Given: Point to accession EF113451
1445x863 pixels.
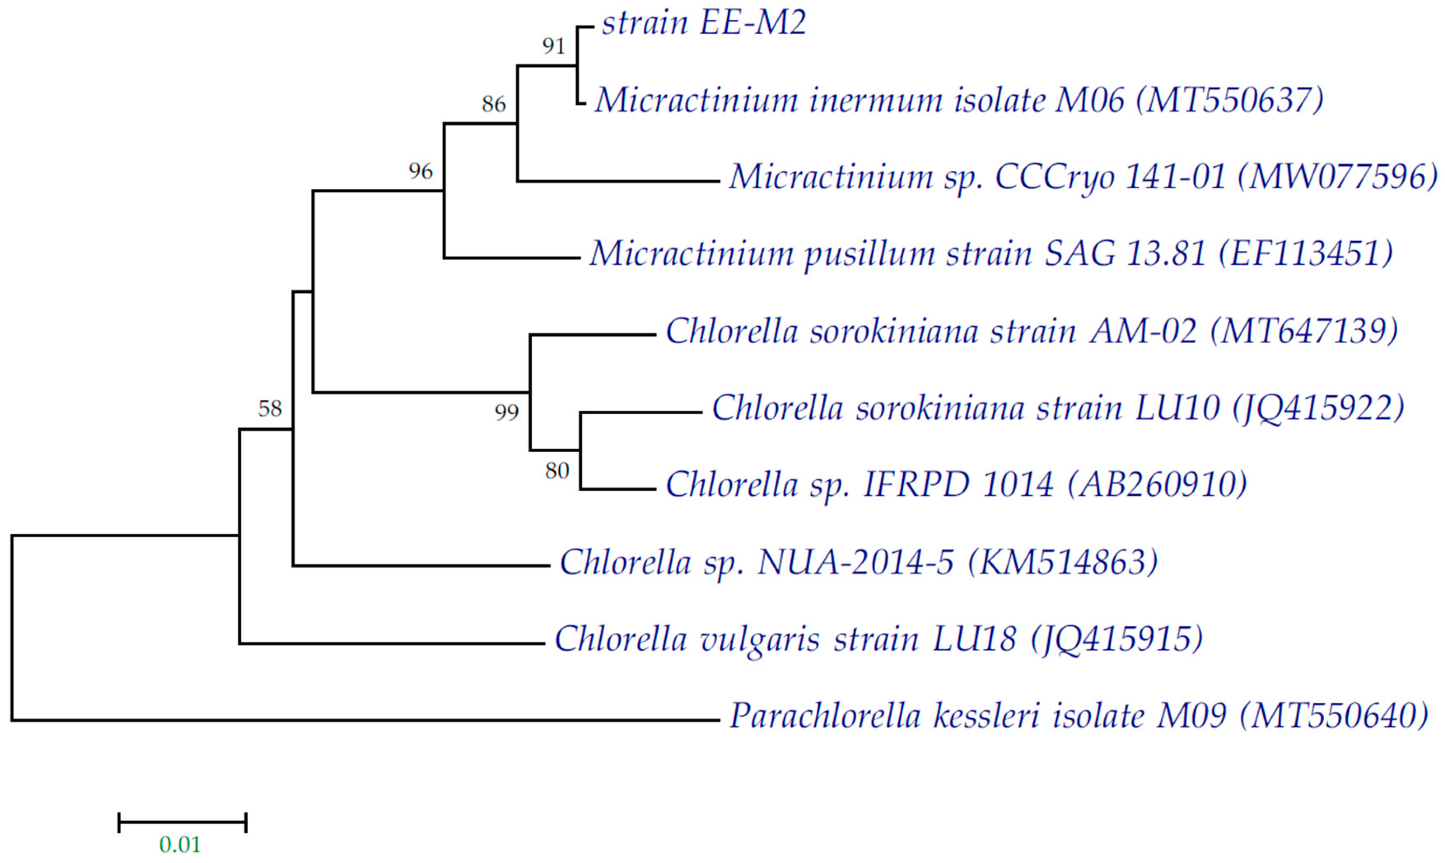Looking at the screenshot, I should (x=1305, y=254).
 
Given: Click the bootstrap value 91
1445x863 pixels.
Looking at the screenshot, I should (x=553, y=46).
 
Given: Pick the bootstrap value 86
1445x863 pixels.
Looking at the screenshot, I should (x=494, y=105).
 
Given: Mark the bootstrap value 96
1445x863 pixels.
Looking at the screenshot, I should (x=420, y=172).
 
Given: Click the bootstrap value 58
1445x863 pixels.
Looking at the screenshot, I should (x=270, y=409).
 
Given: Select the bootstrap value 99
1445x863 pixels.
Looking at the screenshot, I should (x=506, y=412).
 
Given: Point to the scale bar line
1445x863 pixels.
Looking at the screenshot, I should (x=182, y=822).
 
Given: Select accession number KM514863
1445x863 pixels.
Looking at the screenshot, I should (x=1063, y=562).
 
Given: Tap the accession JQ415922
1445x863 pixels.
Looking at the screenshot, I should (x=1318, y=408).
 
